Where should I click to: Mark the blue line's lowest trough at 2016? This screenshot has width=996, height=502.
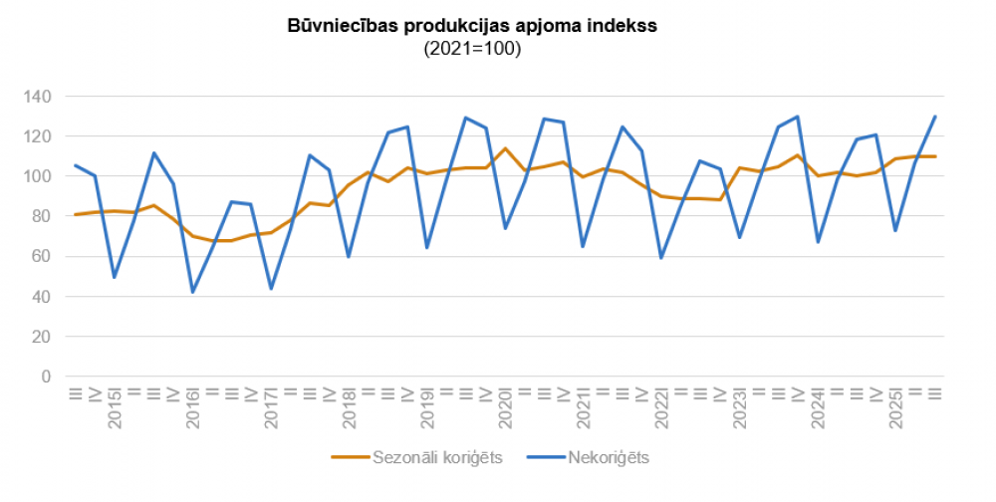(x=192, y=292)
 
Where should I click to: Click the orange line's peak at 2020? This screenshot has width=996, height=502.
(x=505, y=148)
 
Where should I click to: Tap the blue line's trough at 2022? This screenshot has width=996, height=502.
(x=660, y=258)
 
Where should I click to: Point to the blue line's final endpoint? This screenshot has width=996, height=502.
(x=934, y=117)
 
